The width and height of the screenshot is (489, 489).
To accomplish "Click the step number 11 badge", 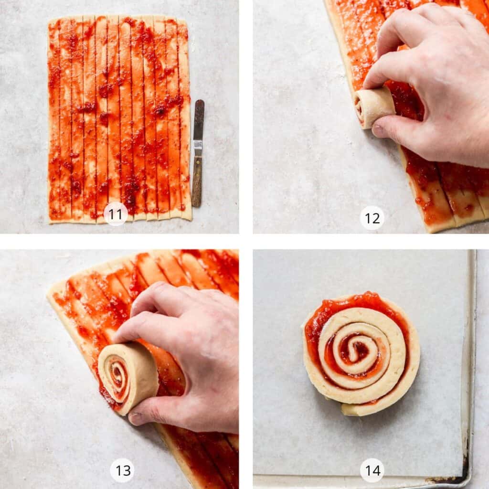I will [116, 214].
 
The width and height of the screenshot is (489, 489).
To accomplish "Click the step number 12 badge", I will [372, 218].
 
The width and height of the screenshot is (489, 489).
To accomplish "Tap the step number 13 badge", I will [122, 470].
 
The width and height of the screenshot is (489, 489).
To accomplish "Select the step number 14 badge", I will [372, 470].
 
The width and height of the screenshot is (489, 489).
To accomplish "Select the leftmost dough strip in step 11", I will [53, 119].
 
